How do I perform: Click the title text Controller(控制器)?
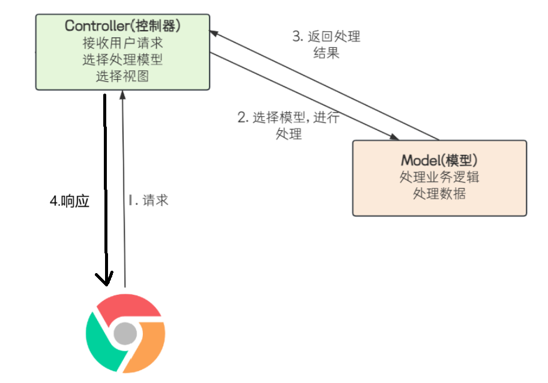coord(122,26)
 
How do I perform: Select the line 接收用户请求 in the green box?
coord(122,43)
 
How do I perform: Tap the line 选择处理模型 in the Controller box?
coord(122,59)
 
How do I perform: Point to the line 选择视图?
coord(122,76)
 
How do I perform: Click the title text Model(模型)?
coord(439,160)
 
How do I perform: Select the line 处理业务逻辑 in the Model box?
coord(439,178)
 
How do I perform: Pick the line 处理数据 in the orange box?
coord(439,194)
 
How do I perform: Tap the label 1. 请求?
coord(148,201)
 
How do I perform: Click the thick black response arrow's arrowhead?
coord(106,280)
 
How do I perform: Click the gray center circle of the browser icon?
coord(125,332)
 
